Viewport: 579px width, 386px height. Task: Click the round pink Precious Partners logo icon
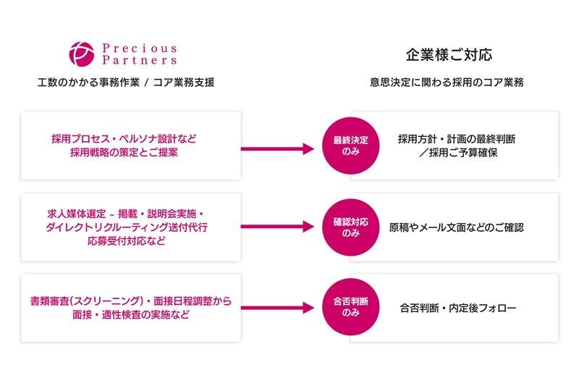point(82,54)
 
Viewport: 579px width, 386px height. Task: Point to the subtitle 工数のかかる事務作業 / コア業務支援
point(126,83)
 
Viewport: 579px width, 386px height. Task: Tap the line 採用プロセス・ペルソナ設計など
point(124,138)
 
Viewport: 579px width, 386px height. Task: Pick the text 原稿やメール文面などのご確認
point(457,227)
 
